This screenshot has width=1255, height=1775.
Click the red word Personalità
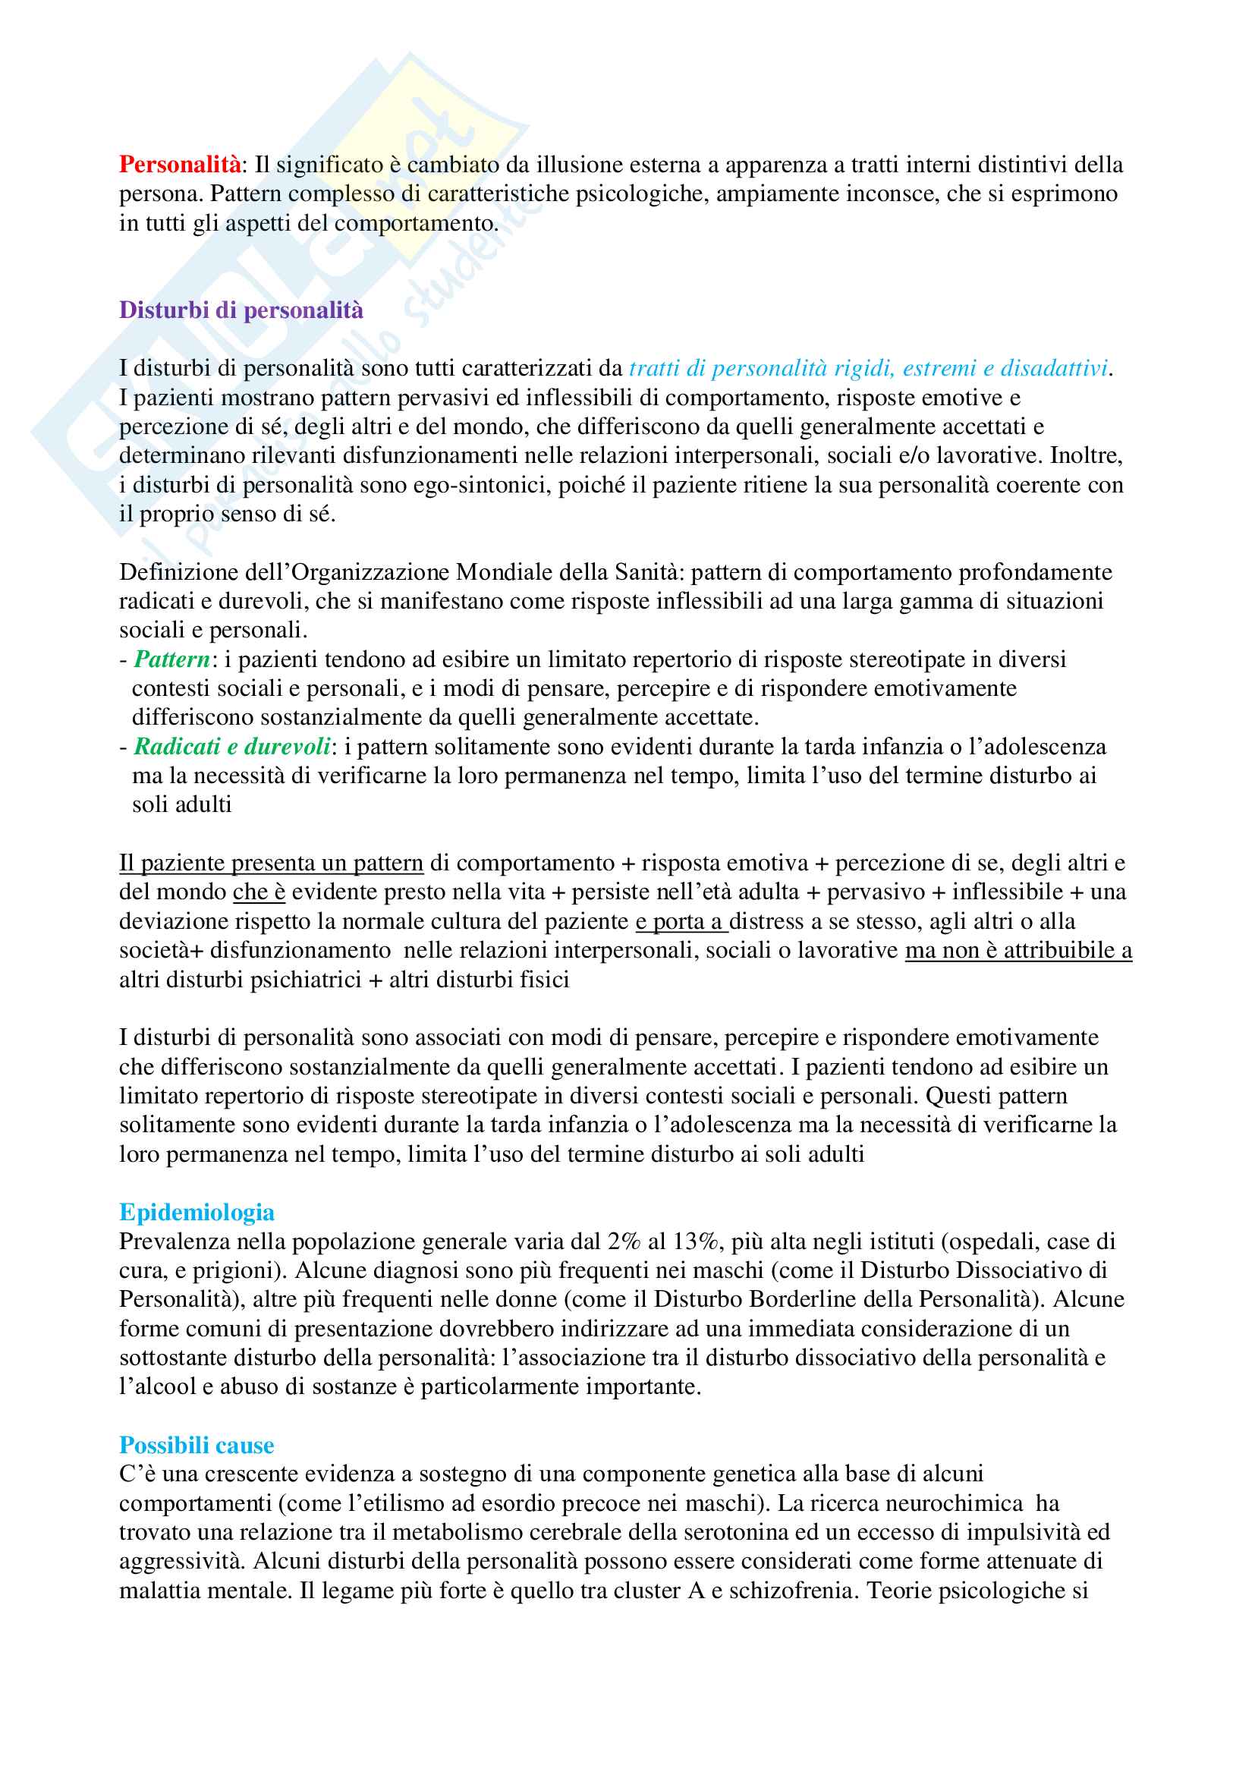click(179, 165)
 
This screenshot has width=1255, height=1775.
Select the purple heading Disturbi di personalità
click(241, 310)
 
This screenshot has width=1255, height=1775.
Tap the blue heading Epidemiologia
click(197, 1212)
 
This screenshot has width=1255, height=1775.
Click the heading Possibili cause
click(197, 1445)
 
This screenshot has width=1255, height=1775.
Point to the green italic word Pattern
click(171, 659)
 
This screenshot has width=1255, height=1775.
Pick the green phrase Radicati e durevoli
click(232, 747)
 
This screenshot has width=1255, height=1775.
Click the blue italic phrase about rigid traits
click(868, 369)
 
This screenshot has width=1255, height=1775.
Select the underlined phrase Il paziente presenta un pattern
click(270, 863)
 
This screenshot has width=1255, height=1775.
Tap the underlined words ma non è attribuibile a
click(1018, 950)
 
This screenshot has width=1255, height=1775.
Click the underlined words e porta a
click(681, 921)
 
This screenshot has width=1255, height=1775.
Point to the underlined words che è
click(259, 892)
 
